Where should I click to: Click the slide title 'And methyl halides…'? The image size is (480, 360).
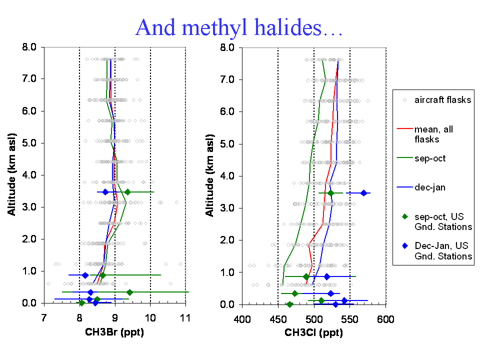239,27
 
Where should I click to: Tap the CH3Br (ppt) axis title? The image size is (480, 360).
114,332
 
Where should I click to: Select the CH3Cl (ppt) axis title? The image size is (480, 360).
314,333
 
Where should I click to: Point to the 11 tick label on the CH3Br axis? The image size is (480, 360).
185,318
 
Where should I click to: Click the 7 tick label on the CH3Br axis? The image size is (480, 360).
44,318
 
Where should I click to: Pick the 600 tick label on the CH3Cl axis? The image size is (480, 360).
385,319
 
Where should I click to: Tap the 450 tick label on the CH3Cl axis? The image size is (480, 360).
278,319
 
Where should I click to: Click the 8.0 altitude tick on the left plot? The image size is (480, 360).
29,47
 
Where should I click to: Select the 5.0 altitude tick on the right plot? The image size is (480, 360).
227,144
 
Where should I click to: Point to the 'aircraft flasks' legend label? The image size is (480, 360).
442,100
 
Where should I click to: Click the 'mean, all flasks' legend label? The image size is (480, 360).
434,134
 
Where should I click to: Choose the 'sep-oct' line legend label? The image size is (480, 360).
430,158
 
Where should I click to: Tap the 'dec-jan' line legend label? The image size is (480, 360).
430,187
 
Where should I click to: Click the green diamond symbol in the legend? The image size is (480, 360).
405,216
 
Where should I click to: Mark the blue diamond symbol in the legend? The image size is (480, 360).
405,245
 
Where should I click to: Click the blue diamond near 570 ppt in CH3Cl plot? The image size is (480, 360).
363,193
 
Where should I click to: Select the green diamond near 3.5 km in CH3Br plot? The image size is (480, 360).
127,192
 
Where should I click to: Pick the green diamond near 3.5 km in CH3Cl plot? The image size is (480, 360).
330,193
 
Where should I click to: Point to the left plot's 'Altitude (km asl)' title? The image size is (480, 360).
11,174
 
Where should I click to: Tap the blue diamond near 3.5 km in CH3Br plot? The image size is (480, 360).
105,192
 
